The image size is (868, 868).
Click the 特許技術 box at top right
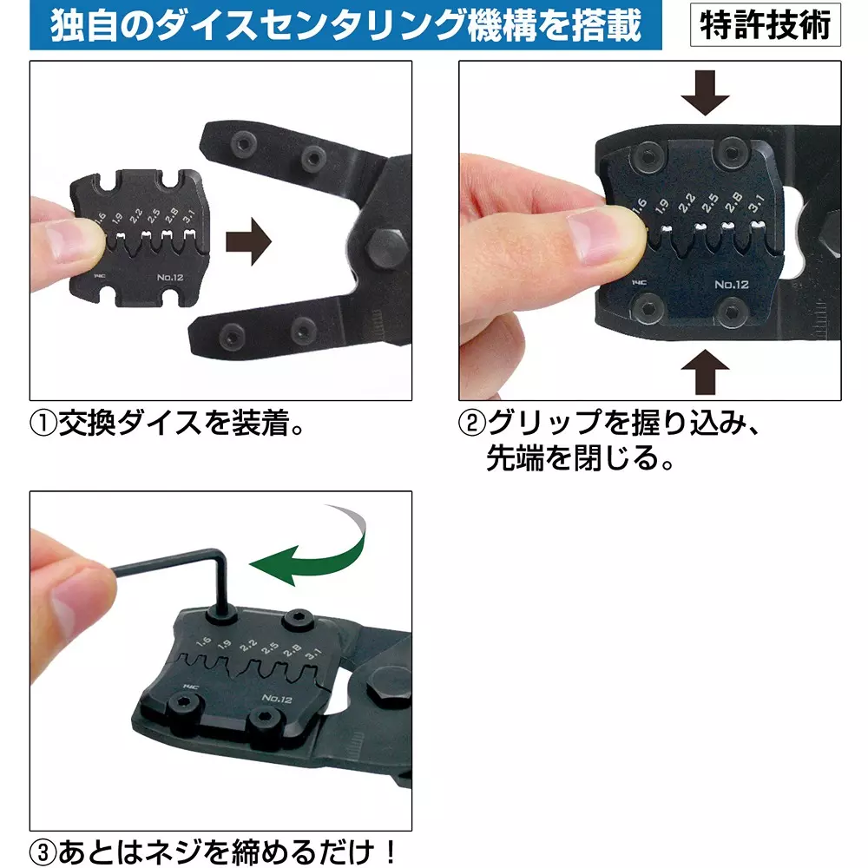(x=765, y=25)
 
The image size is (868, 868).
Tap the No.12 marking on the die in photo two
(x=732, y=284)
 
